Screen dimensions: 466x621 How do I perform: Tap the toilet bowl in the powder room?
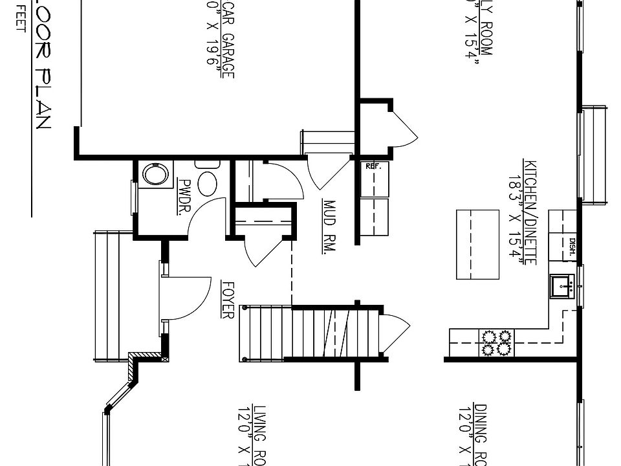click(208, 183)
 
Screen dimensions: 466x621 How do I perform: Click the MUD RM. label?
click(328, 227)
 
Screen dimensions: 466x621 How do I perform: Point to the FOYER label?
click(226, 299)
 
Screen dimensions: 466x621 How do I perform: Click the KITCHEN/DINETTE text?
click(530, 212)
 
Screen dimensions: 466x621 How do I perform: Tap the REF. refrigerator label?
click(374, 166)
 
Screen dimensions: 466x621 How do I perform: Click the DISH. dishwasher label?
click(572, 246)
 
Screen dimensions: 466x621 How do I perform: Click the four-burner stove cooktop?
click(496, 342)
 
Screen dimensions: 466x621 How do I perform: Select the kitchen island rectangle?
click(477, 244)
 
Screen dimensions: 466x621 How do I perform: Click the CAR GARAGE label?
click(228, 39)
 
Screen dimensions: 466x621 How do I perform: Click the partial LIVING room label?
click(259, 434)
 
